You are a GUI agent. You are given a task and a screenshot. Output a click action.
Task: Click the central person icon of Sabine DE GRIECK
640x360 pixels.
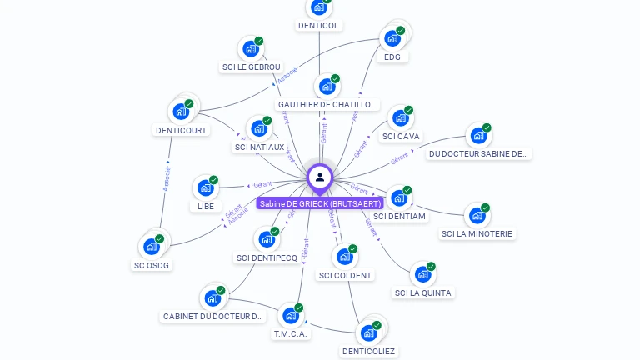(319, 177)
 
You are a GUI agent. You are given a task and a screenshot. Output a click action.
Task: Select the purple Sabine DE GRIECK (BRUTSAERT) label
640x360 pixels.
(320, 203)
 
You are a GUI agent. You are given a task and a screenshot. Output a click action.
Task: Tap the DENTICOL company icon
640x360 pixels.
(318, 7)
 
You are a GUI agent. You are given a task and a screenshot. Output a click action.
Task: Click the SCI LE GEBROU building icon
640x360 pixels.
(251, 48)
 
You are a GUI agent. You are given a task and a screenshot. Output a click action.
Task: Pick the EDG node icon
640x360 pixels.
(392, 38)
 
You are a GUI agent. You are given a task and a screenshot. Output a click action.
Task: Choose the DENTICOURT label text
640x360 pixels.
(181, 130)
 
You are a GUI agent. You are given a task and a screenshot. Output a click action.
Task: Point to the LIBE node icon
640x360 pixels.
(205, 187)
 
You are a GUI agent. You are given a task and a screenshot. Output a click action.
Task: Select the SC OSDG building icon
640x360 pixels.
(151, 246)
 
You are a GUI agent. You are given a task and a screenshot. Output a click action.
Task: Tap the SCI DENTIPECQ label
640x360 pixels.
(267, 258)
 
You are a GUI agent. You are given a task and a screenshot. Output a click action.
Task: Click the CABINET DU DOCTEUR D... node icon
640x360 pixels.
(212, 297)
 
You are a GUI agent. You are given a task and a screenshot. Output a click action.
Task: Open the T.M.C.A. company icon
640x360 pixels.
(290, 315)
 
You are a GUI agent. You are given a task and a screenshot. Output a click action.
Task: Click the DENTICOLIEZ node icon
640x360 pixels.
(367, 332)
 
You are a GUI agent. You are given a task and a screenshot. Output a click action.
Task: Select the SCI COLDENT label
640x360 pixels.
(346, 275)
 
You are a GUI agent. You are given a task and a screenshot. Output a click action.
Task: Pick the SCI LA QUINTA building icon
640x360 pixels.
(422, 273)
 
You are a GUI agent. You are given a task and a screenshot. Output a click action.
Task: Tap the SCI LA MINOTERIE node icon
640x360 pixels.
(477, 215)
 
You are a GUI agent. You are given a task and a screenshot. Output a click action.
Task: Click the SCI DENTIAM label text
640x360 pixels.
(399, 217)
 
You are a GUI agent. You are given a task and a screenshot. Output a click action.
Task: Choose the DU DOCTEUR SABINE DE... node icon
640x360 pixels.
(477, 135)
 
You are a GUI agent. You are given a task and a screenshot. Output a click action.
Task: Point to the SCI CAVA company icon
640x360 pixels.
(400, 117)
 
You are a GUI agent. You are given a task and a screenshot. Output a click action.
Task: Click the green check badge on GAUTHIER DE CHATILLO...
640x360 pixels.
(335, 78)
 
